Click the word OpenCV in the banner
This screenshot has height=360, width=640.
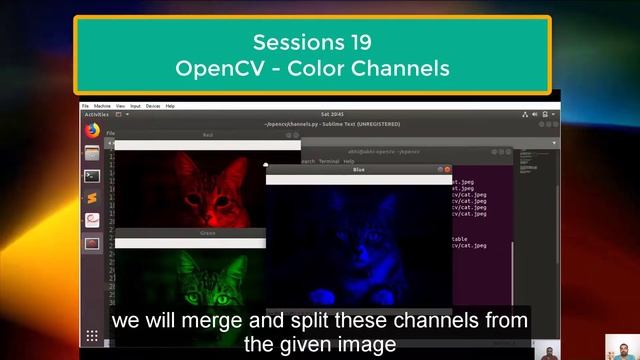click(213, 69)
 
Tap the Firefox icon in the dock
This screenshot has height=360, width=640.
click(92, 130)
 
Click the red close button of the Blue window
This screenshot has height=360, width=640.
click(447, 170)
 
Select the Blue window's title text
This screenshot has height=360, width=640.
click(359, 170)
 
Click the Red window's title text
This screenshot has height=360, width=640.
click(208, 134)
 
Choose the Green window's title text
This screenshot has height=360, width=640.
click(208, 232)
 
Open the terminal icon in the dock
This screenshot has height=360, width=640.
click(92, 175)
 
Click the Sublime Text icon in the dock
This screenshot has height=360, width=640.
click(92, 197)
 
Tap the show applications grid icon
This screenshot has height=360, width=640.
click(92, 336)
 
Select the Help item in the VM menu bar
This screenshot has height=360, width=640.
click(170, 105)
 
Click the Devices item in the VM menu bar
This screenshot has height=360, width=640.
click(153, 105)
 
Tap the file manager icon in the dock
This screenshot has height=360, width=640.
click(92, 153)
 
